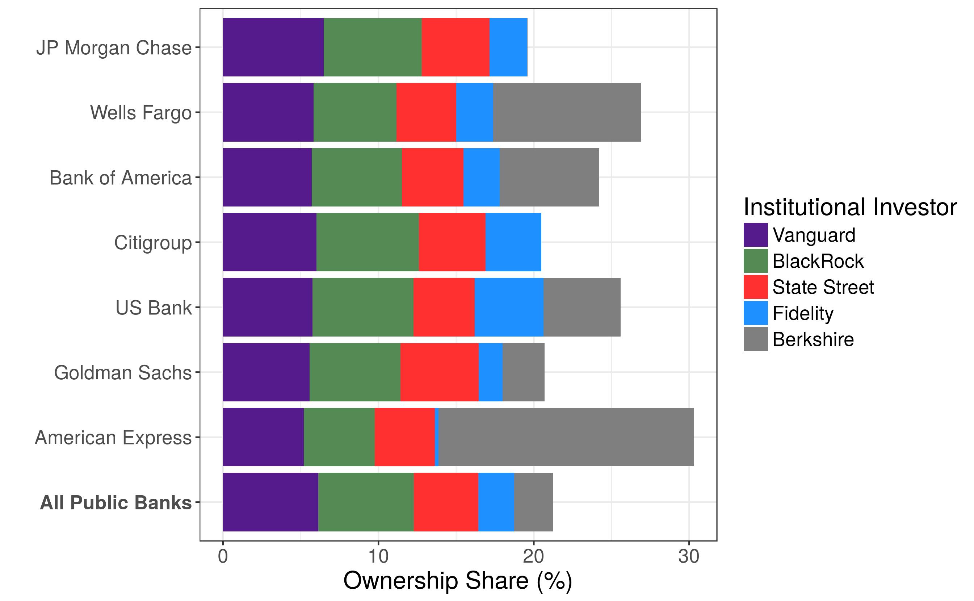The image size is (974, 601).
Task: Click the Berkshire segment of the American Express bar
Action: [x=566, y=437]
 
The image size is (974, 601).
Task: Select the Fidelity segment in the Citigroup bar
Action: [x=513, y=242]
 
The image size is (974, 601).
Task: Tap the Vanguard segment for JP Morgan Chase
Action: [x=273, y=47]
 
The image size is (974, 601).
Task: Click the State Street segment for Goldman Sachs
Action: [x=439, y=372]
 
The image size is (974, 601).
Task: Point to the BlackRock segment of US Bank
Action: [x=363, y=307]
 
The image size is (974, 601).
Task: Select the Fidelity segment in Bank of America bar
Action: [x=482, y=177]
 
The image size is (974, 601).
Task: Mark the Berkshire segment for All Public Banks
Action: [x=533, y=502]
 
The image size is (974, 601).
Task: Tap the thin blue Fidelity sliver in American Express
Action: [x=437, y=437]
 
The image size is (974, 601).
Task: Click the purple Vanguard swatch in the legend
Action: [x=756, y=235]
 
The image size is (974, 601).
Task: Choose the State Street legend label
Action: [x=823, y=287]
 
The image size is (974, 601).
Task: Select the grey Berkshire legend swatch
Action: [x=756, y=339]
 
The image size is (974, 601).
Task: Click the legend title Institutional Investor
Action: [x=850, y=207]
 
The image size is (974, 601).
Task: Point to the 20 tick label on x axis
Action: [x=533, y=556]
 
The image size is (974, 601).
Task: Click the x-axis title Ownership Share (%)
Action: [x=458, y=581]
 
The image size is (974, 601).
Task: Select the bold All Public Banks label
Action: [x=116, y=502]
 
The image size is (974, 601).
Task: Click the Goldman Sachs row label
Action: [x=123, y=373]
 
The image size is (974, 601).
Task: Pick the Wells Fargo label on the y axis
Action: [x=140, y=113]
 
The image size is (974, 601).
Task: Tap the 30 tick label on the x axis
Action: [x=688, y=556]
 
